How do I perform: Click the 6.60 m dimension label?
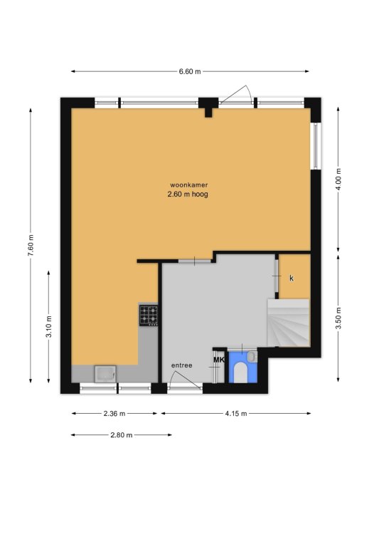(190, 71)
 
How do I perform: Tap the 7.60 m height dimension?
(31, 245)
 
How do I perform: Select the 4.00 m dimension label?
(338, 179)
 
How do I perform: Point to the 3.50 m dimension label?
(338, 318)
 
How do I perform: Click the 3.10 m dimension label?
(49, 326)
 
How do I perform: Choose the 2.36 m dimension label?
(114, 414)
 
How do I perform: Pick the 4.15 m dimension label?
(235, 414)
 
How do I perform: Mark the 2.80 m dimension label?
(122, 435)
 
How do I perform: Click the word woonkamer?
(188, 185)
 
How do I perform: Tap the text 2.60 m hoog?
(188, 194)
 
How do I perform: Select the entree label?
(182, 365)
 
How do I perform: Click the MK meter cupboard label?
(219, 360)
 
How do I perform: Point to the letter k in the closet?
(292, 278)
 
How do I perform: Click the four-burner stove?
(149, 316)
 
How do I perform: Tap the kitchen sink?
(105, 374)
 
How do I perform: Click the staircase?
(288, 323)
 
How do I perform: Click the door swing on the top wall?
(235, 94)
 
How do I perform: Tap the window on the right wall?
(316, 146)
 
